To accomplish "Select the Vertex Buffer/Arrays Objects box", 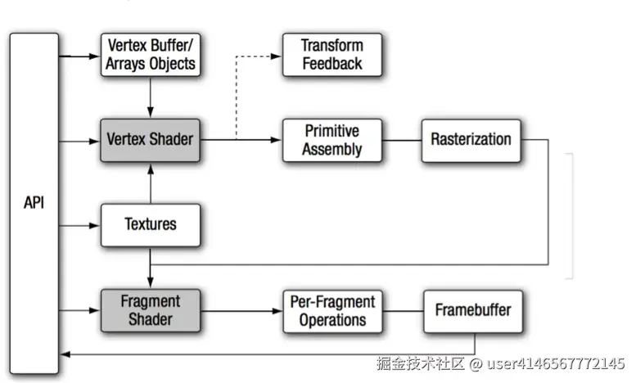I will pyautogui.click(x=150, y=54).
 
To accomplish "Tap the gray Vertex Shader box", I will pyautogui.click(x=150, y=139).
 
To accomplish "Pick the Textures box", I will pyautogui.click(x=150, y=224).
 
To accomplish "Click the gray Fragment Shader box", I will pyautogui.click(x=150, y=309).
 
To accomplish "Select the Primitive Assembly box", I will pyautogui.click(x=332, y=140).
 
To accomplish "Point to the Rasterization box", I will pyautogui.click(x=471, y=139).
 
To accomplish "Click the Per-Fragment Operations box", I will pyautogui.click(x=332, y=310).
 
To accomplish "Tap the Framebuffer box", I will pyautogui.click(x=472, y=310).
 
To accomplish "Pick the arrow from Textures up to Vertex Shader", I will pyautogui.click(x=150, y=181).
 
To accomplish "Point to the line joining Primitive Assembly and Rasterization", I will pyautogui.click(x=401, y=140).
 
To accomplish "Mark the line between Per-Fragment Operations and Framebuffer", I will pyautogui.click(x=401, y=310).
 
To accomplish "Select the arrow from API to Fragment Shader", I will pyautogui.click(x=79, y=310).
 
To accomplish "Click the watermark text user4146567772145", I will pyautogui.click(x=557, y=363).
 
